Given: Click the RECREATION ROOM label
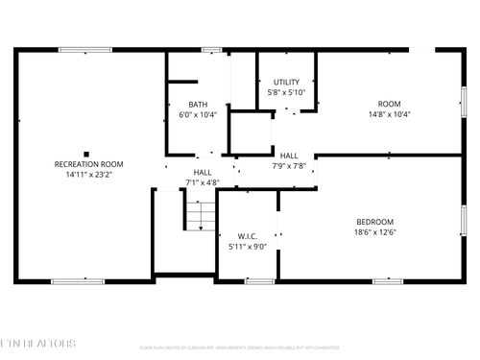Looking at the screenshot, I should pyautogui.click(x=88, y=164).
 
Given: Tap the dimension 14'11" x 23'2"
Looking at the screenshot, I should pyautogui.click(x=88, y=175).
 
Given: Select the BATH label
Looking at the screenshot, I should pyautogui.click(x=198, y=104).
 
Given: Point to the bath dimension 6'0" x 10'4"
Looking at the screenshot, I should pyautogui.click(x=198, y=114).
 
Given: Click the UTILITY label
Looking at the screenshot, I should pyautogui.click(x=286, y=82).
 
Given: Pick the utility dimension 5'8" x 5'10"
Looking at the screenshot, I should pyautogui.click(x=286, y=92).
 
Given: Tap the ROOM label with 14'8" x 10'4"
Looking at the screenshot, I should pyautogui.click(x=389, y=104).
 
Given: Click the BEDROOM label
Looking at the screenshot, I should pyautogui.click(x=375, y=221).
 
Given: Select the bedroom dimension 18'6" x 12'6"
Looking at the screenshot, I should pyautogui.click(x=375, y=231).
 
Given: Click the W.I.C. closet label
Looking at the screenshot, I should pyautogui.click(x=248, y=235).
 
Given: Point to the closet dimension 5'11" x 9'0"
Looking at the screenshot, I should pyautogui.click(x=248, y=247).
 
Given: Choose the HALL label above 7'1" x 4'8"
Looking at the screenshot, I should pyautogui.click(x=203, y=171).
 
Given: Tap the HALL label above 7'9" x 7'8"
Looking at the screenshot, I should pyautogui.click(x=289, y=155).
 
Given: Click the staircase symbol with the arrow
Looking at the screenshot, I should pyautogui.click(x=197, y=216).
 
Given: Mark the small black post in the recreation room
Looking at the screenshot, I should pyautogui.click(x=86, y=154).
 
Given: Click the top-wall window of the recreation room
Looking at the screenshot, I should pyautogui.click(x=84, y=50).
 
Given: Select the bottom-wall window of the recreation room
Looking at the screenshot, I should pyautogui.click(x=78, y=280).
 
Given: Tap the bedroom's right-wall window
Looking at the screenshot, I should pyautogui.click(x=463, y=220).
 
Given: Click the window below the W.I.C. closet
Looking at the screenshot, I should pyautogui.click(x=259, y=280).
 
